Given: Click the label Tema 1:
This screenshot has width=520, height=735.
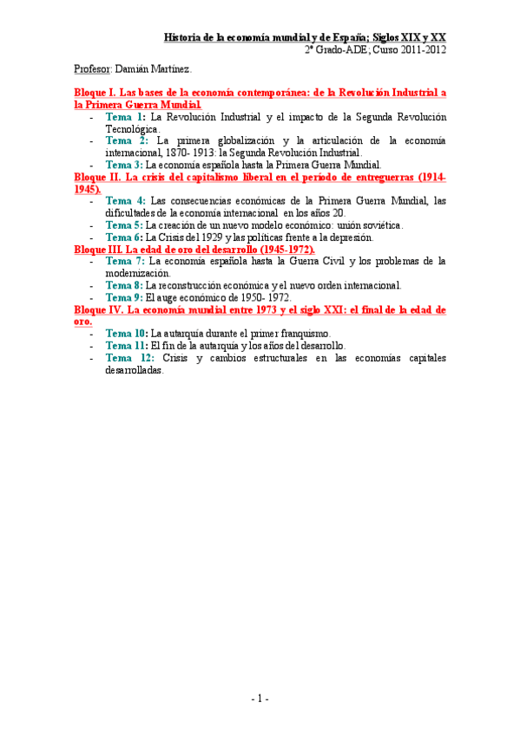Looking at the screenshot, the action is pyautogui.click(x=126, y=115).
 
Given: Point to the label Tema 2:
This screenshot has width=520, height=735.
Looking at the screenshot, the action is pyautogui.click(x=128, y=140).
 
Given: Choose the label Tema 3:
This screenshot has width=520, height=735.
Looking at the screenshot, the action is pyautogui.click(x=124, y=164).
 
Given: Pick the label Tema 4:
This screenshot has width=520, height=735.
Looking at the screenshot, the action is pyautogui.click(x=126, y=200).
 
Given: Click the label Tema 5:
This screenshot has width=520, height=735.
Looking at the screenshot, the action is pyautogui.click(x=124, y=224).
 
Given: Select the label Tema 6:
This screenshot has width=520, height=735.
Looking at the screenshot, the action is pyautogui.click(x=124, y=237).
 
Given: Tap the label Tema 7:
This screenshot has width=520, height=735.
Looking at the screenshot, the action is pyautogui.click(x=126, y=260).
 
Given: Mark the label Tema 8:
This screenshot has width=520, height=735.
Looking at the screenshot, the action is pyautogui.click(x=124, y=284).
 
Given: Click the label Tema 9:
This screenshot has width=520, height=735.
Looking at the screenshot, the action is pyautogui.click(x=124, y=296).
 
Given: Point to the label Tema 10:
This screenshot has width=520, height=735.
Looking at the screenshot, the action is pyautogui.click(x=127, y=333).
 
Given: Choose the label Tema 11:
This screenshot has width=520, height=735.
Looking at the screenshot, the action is pyautogui.click(x=127, y=345).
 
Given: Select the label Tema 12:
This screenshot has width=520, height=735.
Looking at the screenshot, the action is pyautogui.click(x=130, y=357).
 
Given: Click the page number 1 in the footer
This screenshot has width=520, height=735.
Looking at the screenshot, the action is pyautogui.click(x=260, y=698).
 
